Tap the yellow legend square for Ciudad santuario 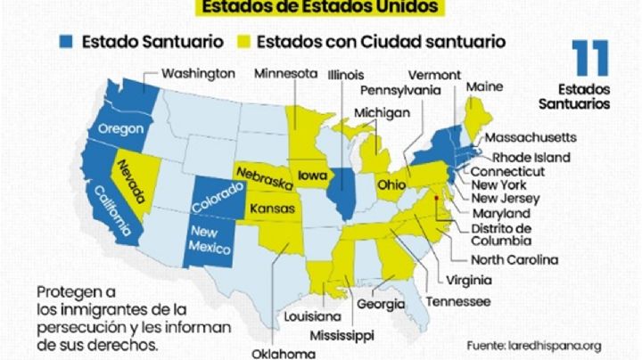242,42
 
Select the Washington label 199,72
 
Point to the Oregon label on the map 120,128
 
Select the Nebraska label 264,175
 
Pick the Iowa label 313,175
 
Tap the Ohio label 393,184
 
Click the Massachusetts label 531,137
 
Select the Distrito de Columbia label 502,234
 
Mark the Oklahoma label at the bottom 283,353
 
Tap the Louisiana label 313,316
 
